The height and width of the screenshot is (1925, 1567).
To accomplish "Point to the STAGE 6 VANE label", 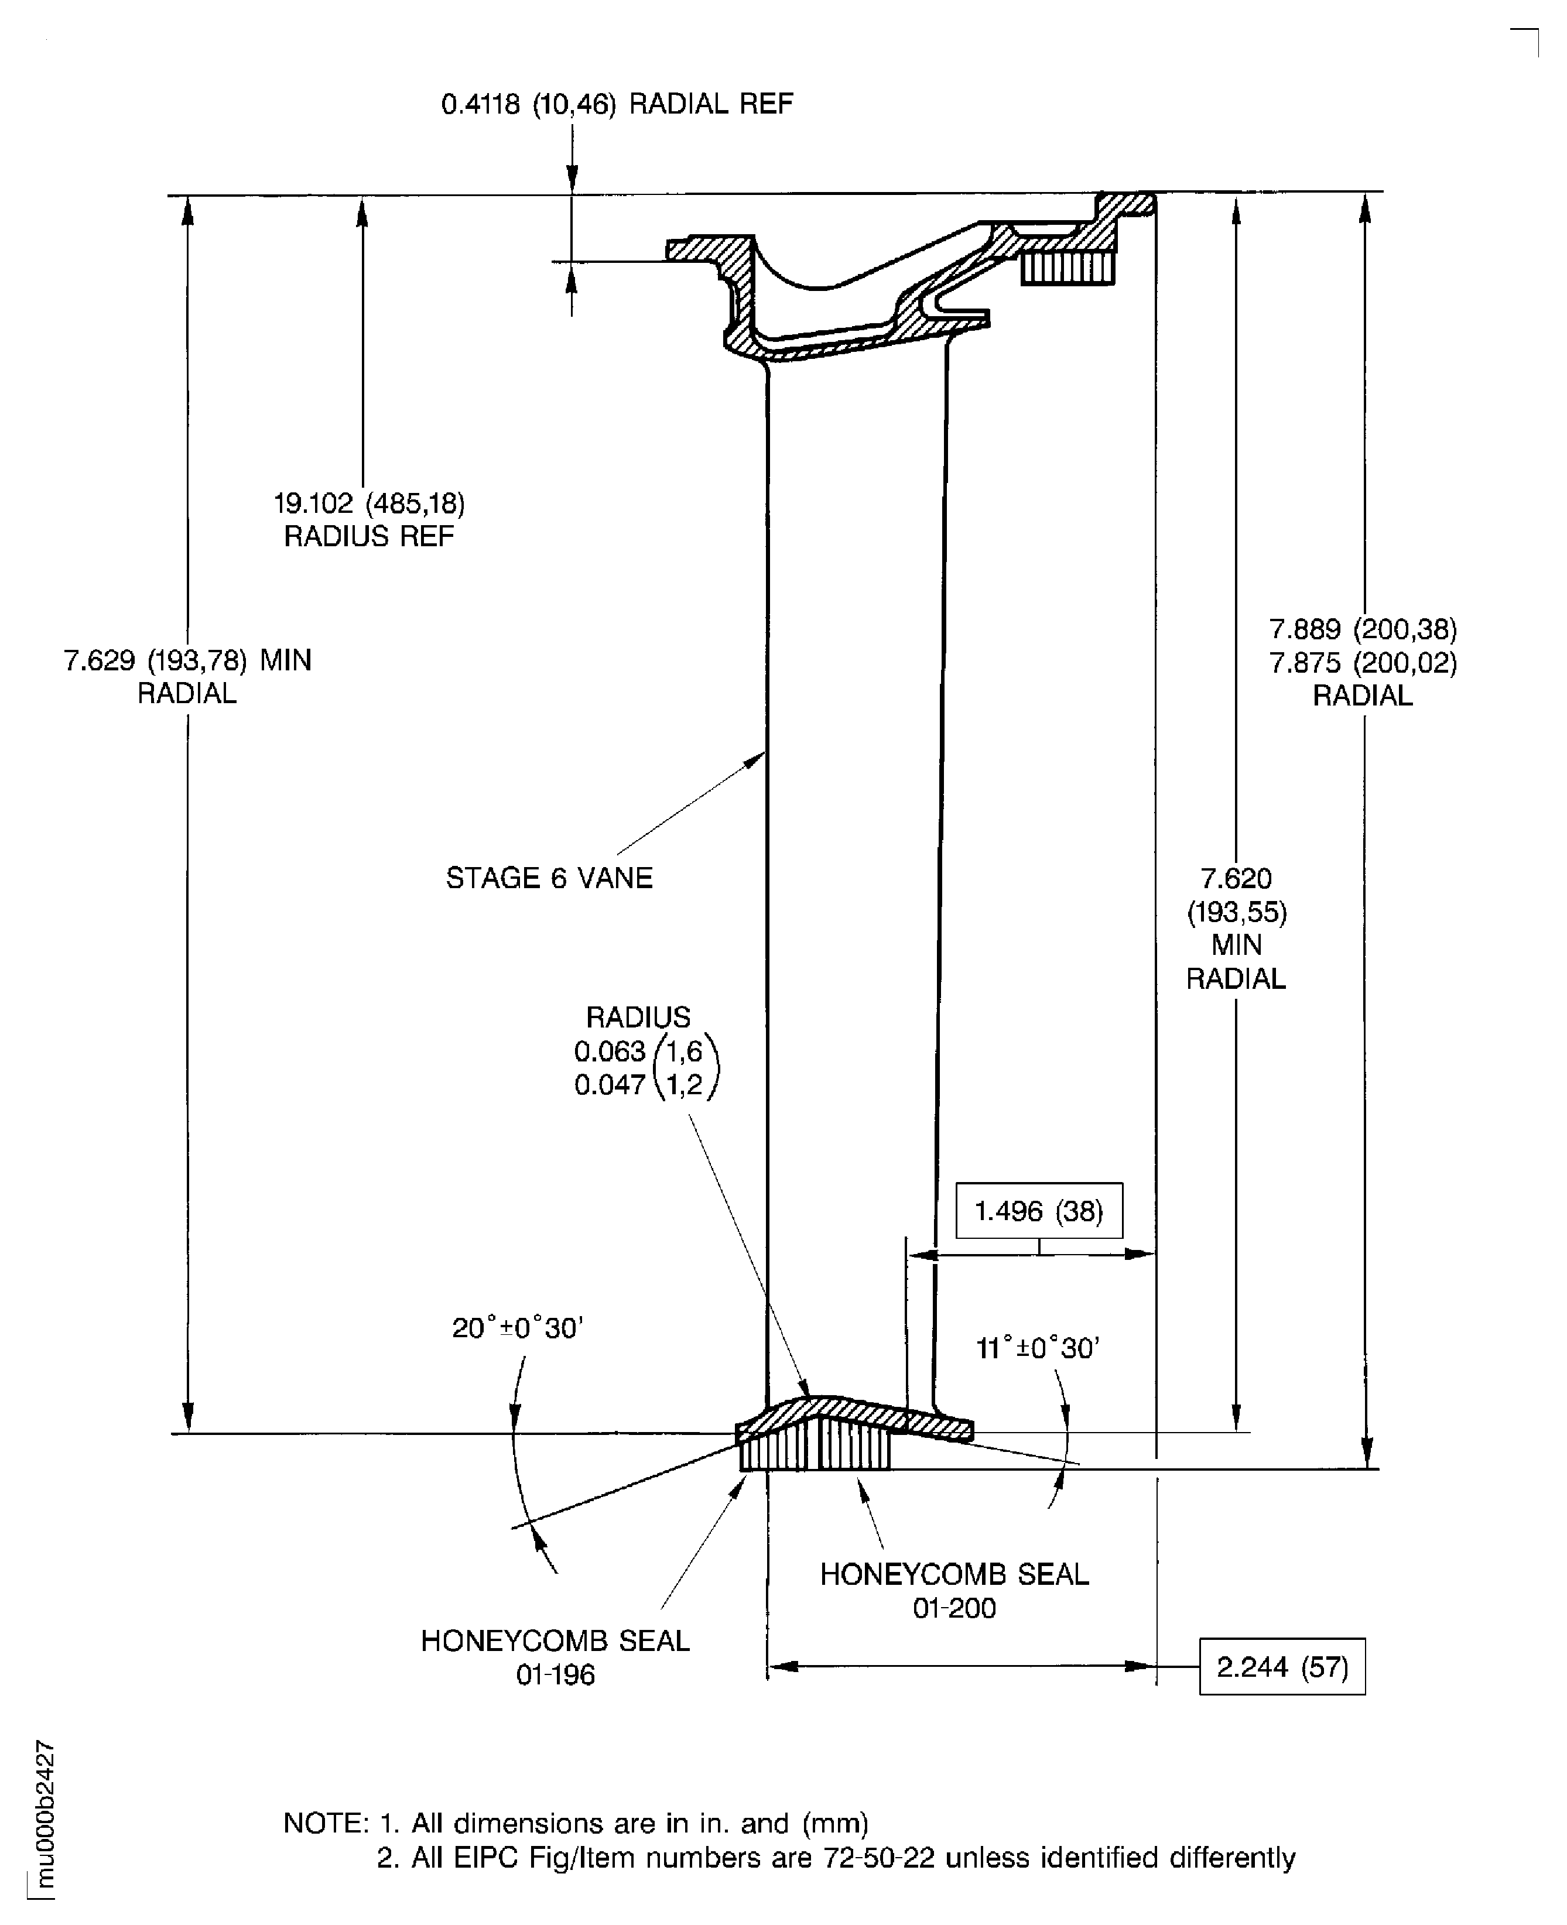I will pos(549,878).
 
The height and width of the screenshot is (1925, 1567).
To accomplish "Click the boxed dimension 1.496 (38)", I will pos(1039,1211).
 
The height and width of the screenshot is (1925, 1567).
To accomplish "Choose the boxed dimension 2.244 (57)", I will pos(1282,1667).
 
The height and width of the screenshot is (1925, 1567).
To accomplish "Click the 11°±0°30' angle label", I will pos(1038,1348).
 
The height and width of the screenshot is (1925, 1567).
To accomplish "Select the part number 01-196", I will pos(555,1675).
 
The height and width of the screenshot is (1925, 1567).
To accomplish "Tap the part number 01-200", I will pos(954,1608).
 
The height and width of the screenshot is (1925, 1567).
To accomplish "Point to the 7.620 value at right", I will pos(1236,878).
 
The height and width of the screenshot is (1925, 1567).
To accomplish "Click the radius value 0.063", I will pos(610,1051).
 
